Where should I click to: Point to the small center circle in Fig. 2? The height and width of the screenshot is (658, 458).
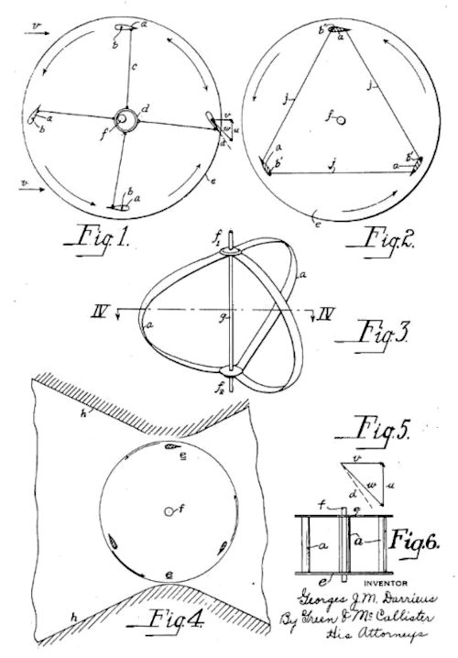[x=342, y=120]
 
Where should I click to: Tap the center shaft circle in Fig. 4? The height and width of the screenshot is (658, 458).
[x=170, y=510]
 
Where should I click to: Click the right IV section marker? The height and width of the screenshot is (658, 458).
[x=323, y=314]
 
